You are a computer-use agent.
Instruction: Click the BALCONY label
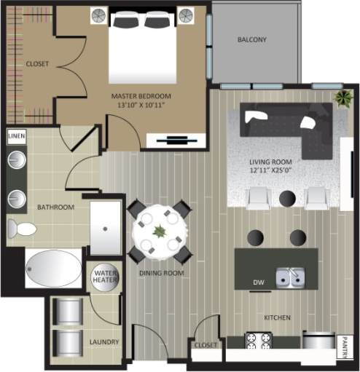252,39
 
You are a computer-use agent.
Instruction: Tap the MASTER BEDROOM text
141,95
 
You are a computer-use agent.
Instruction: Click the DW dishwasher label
257,282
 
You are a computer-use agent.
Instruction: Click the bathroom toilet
22,230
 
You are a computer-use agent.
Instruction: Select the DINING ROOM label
161,273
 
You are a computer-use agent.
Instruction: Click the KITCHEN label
277,317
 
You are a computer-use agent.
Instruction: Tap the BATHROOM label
56,207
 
